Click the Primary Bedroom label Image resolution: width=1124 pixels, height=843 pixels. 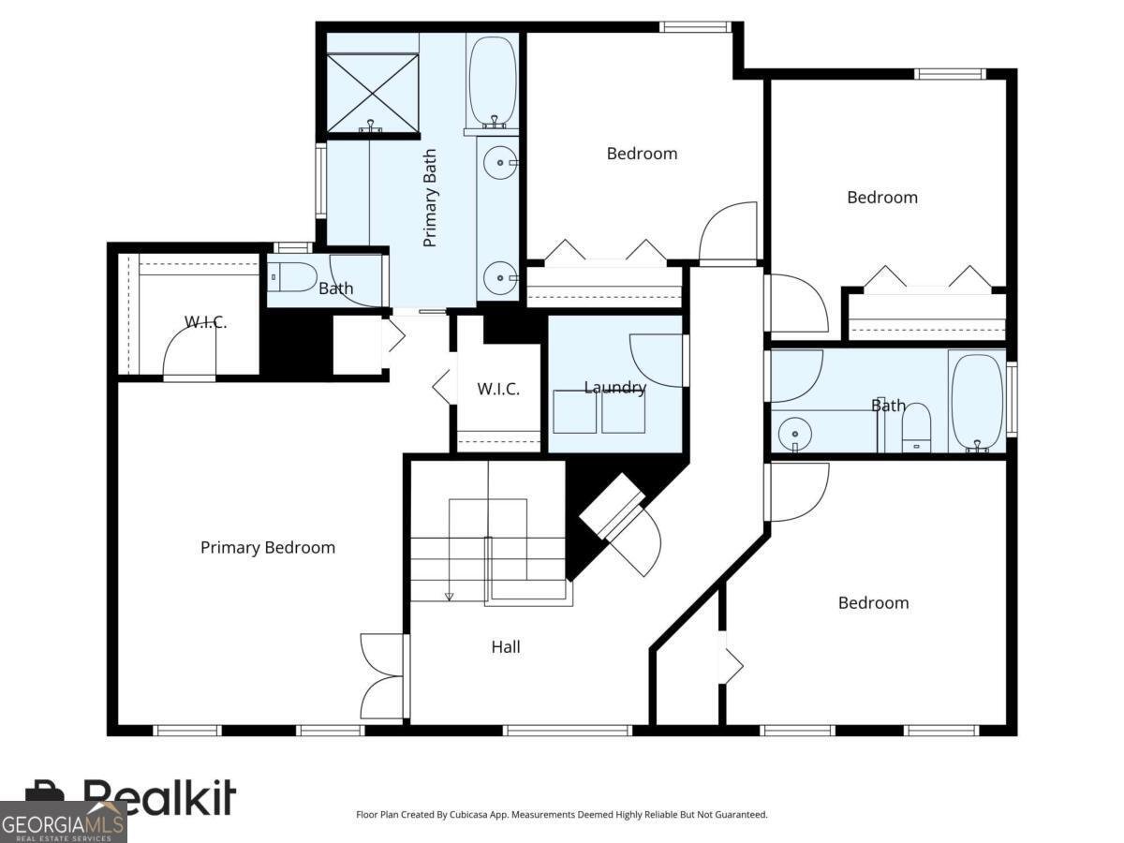268,548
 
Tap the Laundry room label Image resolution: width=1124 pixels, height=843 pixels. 615,388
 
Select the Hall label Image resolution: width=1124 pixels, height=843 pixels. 506,647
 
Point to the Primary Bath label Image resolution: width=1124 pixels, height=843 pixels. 430,198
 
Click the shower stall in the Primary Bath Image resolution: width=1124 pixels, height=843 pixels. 372,93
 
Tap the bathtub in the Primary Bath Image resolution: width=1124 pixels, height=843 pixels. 493,81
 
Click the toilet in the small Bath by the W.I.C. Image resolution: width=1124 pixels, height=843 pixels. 293,277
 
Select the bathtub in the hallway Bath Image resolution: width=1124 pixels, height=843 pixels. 977,404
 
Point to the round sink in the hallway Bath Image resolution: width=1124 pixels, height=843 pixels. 794,434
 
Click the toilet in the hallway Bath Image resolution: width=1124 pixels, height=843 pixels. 915,428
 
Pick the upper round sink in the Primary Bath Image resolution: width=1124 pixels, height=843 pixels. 501,163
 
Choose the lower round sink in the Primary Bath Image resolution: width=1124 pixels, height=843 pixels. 501,278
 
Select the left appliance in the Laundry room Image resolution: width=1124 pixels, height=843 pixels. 574,411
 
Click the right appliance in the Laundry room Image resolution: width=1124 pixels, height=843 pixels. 623,411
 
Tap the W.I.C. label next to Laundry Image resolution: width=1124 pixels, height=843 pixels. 498,390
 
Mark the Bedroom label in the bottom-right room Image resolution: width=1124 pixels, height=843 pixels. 874,603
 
